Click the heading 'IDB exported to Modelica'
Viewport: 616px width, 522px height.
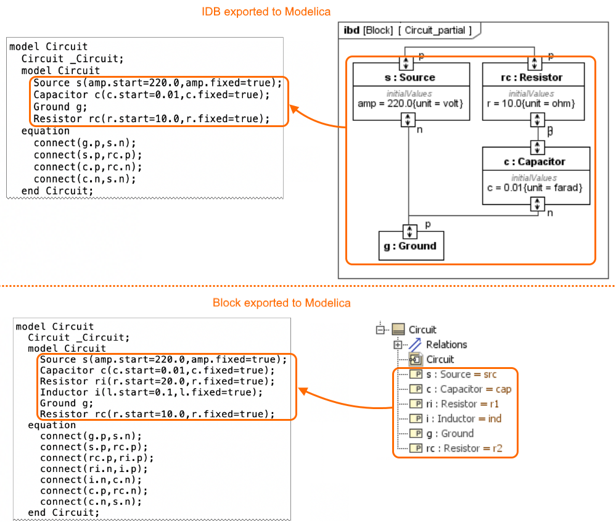click(x=266, y=12)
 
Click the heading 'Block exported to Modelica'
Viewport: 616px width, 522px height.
click(x=281, y=303)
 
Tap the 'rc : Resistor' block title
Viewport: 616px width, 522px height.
click(x=531, y=78)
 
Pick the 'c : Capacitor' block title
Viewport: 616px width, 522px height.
click(x=535, y=162)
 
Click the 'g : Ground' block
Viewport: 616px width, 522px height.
click(x=409, y=246)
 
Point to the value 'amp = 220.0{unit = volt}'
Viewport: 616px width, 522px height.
click(x=410, y=103)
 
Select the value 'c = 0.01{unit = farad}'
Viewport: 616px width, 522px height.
click(x=535, y=187)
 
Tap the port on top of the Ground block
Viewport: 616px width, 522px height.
click(x=409, y=231)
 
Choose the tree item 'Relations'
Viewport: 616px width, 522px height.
click(x=446, y=344)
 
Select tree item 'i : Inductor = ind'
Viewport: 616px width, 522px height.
click(x=463, y=418)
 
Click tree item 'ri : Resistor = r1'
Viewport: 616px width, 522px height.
click(x=462, y=404)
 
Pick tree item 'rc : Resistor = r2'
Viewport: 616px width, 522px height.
click(x=464, y=448)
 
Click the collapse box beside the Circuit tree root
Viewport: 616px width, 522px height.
click(x=380, y=329)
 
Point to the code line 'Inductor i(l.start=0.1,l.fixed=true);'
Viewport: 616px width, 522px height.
click(x=151, y=392)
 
